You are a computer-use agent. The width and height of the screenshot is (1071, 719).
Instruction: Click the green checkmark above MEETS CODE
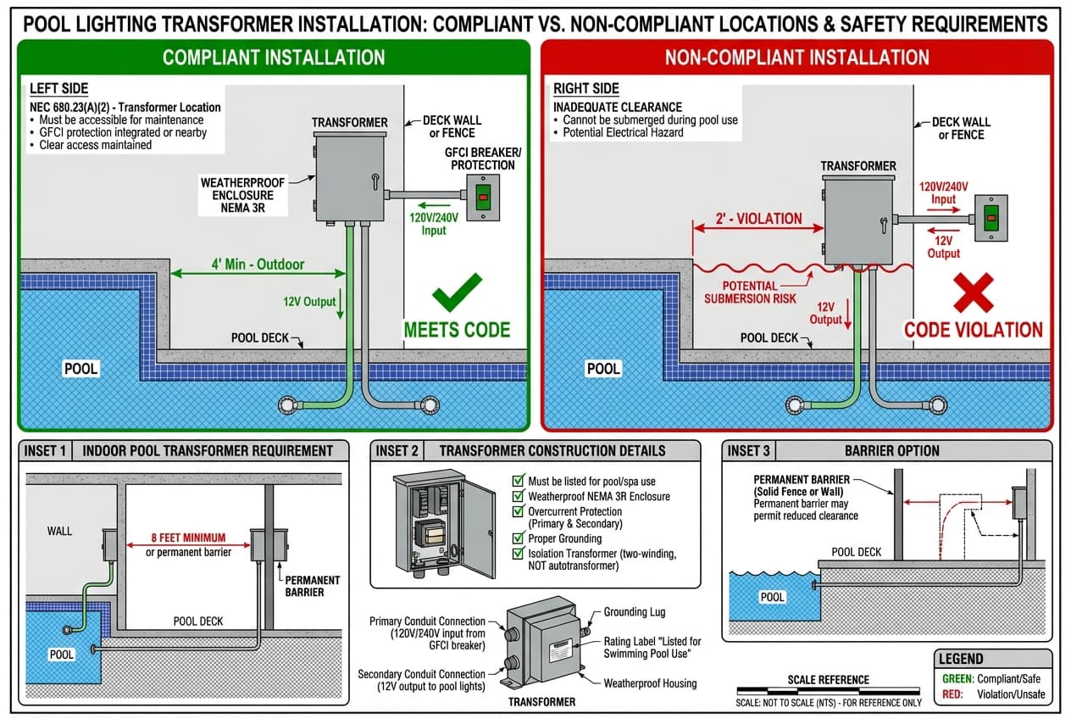tap(457, 293)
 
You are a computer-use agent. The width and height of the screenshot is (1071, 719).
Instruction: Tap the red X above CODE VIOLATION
tap(974, 293)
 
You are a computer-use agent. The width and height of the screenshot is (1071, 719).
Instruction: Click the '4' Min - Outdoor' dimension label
tap(258, 264)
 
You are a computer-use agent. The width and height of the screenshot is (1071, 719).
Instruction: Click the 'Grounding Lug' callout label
tap(634, 612)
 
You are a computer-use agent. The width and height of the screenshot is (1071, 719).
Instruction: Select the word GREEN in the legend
tap(957, 678)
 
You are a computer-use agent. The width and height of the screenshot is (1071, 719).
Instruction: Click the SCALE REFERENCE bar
tap(828, 692)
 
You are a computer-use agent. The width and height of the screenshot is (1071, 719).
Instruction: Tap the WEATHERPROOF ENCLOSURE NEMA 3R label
tap(243, 194)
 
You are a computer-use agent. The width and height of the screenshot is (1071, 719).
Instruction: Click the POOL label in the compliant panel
tap(82, 369)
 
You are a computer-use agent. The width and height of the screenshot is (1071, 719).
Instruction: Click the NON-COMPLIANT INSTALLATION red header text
tap(796, 58)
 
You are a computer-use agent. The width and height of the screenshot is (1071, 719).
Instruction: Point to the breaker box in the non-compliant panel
tap(990, 218)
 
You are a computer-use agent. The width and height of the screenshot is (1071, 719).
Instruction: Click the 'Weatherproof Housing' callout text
tap(650, 683)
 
